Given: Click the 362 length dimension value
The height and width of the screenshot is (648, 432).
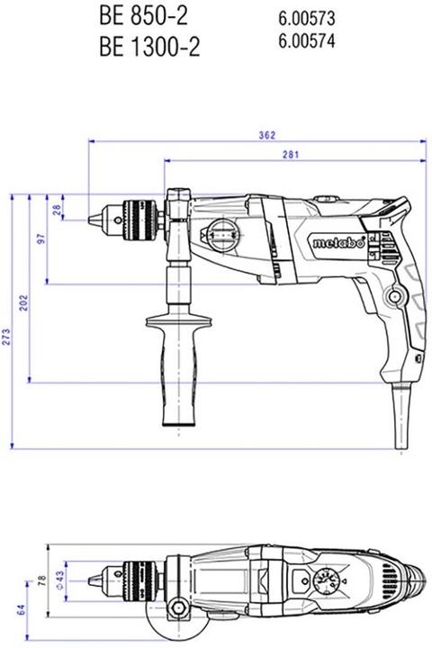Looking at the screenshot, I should click(x=265, y=135).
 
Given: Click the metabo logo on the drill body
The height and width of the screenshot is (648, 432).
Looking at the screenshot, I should click(x=340, y=242).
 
